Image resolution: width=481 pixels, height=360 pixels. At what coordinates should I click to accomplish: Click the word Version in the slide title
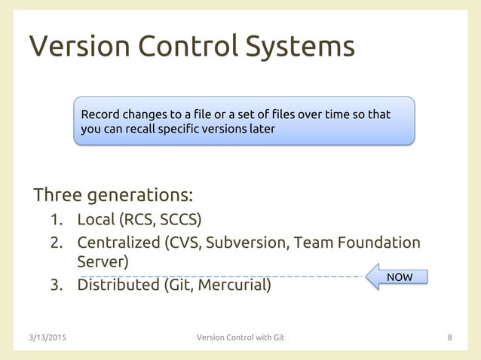[x=74, y=47]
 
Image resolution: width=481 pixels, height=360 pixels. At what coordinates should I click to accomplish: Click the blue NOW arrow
[x=397, y=277]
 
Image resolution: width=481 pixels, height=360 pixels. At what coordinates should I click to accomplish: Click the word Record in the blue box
[x=100, y=115]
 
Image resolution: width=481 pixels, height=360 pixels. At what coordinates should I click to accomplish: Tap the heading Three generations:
[x=113, y=196]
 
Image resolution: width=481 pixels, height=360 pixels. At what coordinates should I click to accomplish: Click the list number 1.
[x=56, y=221]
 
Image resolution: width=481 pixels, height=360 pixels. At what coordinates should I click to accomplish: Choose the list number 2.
[x=56, y=243]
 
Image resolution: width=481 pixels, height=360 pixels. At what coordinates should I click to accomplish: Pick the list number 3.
[x=56, y=286]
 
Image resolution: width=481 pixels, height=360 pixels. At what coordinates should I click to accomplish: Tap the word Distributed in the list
[x=116, y=286]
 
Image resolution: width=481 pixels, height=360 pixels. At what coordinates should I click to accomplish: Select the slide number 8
[x=450, y=337]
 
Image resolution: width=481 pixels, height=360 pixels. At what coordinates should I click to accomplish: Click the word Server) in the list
[x=103, y=262]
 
